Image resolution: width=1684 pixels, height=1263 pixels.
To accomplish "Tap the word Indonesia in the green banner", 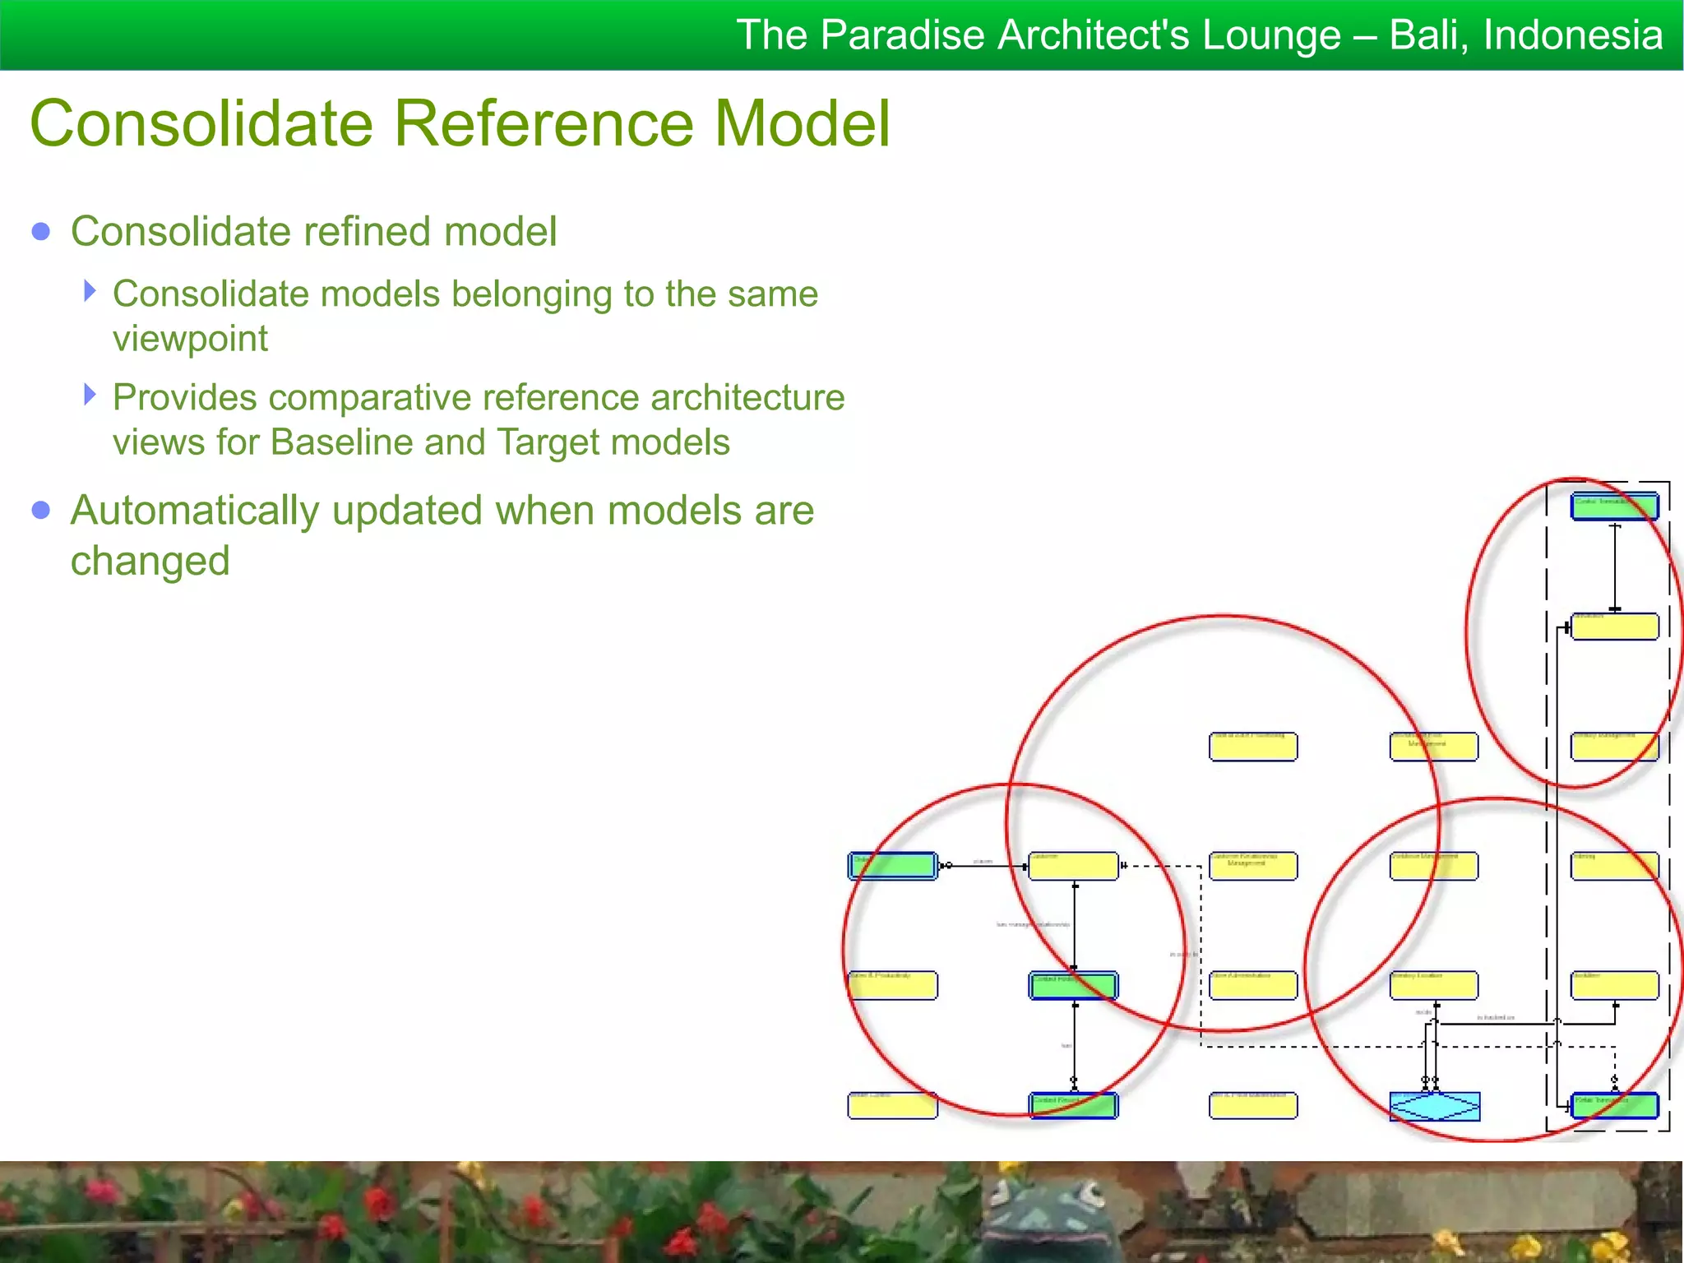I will (1573, 35).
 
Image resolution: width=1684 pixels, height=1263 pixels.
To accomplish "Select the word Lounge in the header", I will (1271, 35).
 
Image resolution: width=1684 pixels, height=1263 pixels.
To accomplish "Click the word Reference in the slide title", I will (546, 123).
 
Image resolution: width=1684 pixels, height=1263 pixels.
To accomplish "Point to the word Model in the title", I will (802, 123).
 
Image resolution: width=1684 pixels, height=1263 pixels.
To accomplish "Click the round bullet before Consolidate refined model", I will (41, 231).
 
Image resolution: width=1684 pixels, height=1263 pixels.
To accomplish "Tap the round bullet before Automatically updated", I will (41, 511).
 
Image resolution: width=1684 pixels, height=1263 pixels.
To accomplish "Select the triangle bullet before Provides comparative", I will (90, 395).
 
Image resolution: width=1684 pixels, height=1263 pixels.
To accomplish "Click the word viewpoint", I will (190, 339).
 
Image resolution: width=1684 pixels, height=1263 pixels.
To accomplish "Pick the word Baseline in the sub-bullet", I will (341, 442).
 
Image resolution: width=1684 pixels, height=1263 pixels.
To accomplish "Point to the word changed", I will (150, 561).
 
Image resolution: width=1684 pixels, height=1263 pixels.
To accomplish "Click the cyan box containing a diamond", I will (1434, 1106).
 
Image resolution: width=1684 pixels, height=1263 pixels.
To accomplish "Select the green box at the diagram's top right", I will (1614, 506).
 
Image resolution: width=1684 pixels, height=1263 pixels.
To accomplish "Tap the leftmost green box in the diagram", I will (892, 866).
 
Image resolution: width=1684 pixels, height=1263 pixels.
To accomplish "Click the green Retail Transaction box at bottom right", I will (1614, 1106).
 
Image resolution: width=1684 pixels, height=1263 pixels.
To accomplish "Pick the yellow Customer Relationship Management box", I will (1253, 866).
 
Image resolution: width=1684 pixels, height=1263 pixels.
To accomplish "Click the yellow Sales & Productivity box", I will (892, 985).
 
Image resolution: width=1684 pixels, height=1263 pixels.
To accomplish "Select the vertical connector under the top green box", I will (1615, 567).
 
